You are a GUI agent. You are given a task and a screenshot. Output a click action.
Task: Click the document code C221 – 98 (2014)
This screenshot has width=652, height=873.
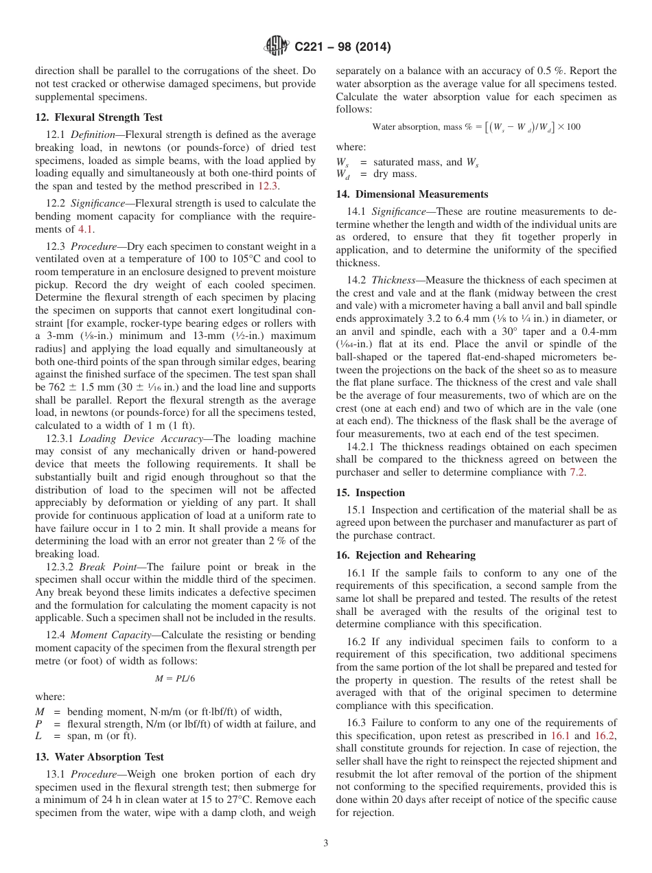[342, 47]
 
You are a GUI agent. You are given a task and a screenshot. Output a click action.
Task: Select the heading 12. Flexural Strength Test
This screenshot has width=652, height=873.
[98, 117]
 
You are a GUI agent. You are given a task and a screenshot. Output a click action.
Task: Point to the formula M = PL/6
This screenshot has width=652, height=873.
[176, 678]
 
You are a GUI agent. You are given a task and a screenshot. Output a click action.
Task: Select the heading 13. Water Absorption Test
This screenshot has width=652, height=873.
[100, 757]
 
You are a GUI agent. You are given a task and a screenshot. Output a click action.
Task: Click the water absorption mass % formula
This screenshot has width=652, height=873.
[476, 127]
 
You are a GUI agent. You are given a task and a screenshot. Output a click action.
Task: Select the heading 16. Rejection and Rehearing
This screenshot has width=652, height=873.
[406, 555]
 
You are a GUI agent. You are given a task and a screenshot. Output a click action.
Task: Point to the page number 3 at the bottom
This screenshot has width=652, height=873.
[326, 843]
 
